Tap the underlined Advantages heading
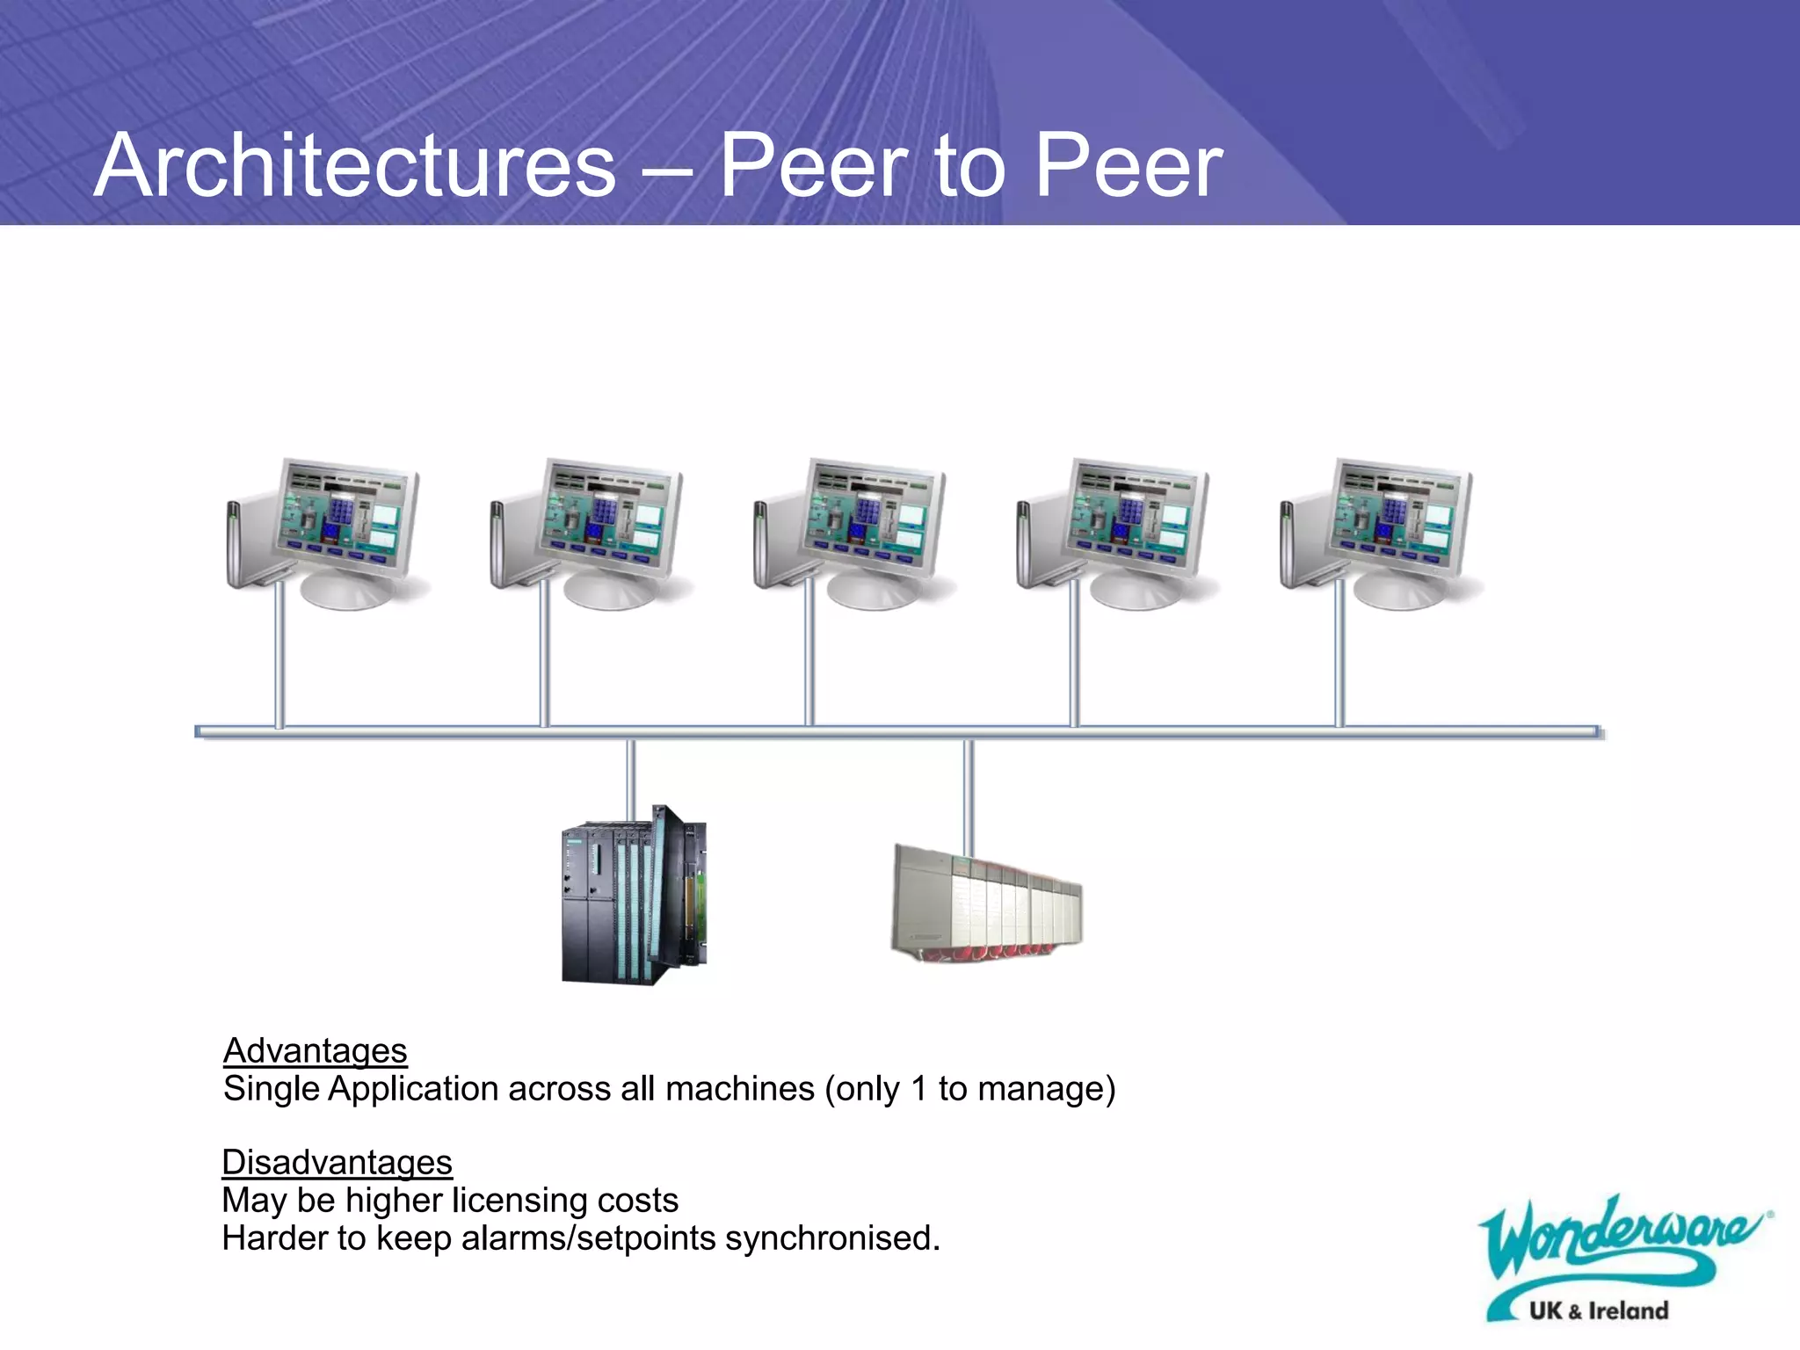[x=315, y=1050]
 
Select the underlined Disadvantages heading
[x=337, y=1162]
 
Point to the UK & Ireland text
[x=1598, y=1310]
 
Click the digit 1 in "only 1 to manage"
[x=919, y=1089]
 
